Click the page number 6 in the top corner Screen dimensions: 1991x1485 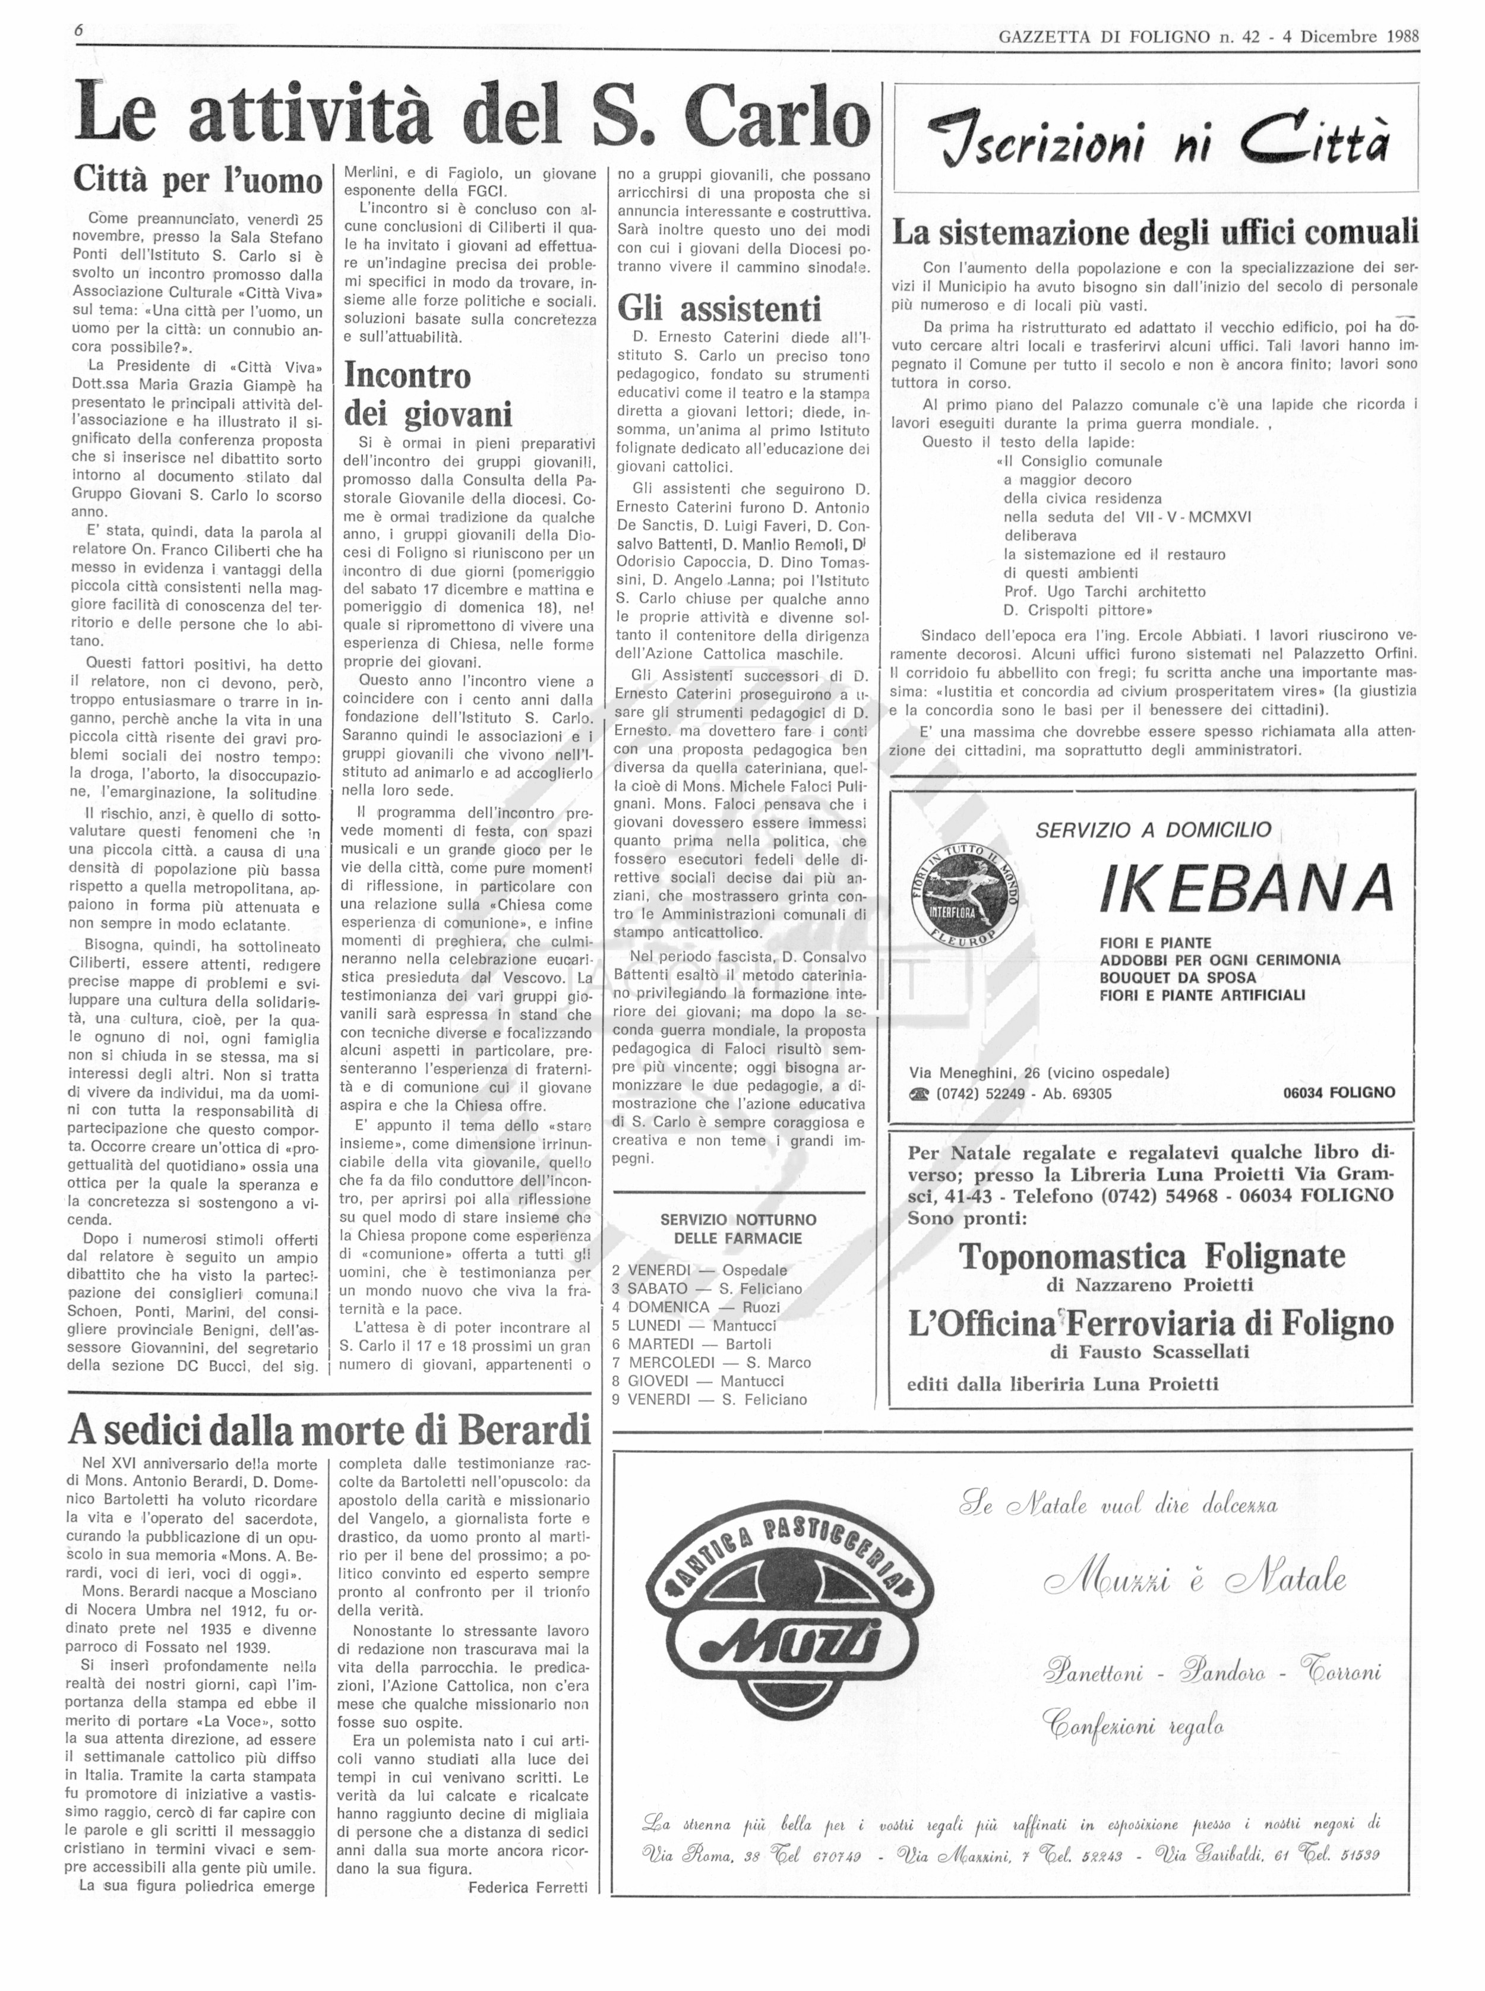point(79,30)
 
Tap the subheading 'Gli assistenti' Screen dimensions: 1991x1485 point(719,308)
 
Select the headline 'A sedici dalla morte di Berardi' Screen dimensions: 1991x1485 point(330,1429)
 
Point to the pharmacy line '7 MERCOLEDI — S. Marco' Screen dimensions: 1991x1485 point(711,1363)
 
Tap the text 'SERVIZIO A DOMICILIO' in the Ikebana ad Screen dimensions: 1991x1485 point(1154,830)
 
